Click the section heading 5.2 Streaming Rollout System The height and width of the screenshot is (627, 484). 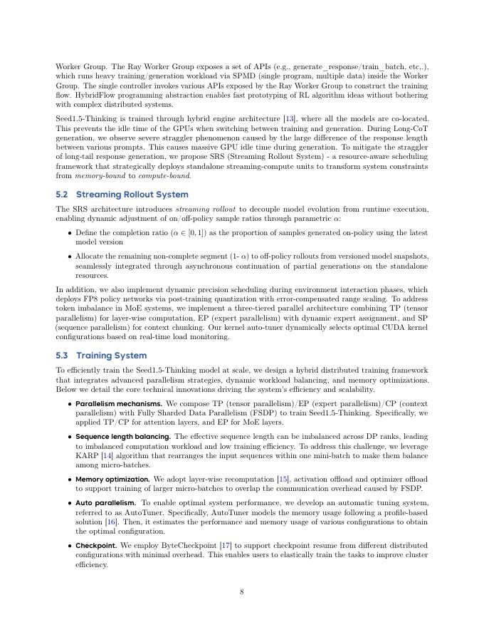122,195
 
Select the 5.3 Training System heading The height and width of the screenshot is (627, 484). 101,356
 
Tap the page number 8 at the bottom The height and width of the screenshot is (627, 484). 242,591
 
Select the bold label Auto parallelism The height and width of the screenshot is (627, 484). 105,503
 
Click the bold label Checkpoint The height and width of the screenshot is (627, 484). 96,546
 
